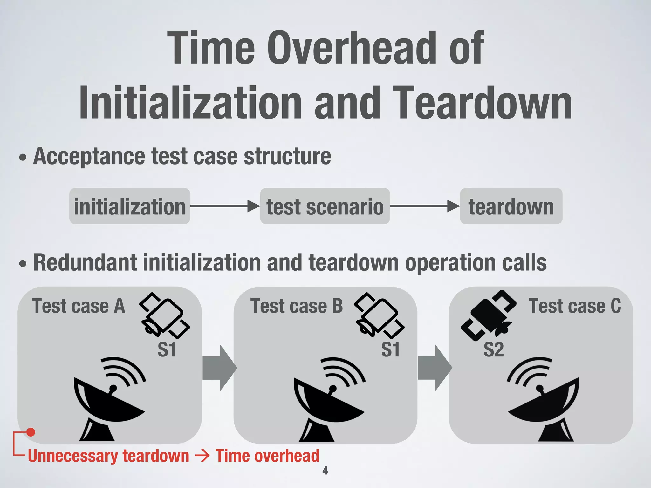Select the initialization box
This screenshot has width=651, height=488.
tap(130, 206)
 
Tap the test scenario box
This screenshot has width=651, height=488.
tap(325, 206)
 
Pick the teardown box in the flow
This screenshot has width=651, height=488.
tap(511, 206)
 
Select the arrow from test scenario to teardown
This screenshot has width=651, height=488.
tap(425, 206)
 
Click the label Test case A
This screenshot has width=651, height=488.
tap(79, 306)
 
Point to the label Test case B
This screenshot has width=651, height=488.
tap(297, 306)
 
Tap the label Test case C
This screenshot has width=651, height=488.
tap(575, 306)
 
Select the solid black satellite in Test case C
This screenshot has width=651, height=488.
tap(488, 315)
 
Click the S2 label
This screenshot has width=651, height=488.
tap(494, 349)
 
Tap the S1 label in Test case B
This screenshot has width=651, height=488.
tap(390, 349)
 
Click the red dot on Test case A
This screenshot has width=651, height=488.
tap(31, 432)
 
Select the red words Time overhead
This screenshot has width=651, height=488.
tap(267, 456)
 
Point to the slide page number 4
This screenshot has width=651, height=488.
tap(325, 471)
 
